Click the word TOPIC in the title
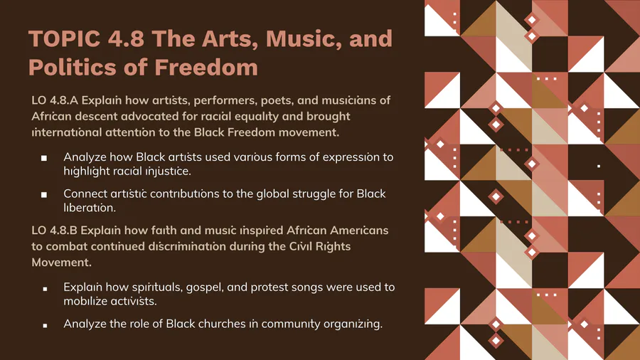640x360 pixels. pos(65,39)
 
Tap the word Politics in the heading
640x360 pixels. pos(73,68)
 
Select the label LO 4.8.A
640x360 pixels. pos(55,100)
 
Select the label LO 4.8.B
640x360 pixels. pos(54,231)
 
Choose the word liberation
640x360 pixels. pos(90,207)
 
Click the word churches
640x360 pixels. pos(222,324)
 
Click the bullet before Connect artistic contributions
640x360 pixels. pos(44,195)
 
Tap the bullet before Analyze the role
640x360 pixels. pos(45,325)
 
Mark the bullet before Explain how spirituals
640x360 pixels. pos(45,289)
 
